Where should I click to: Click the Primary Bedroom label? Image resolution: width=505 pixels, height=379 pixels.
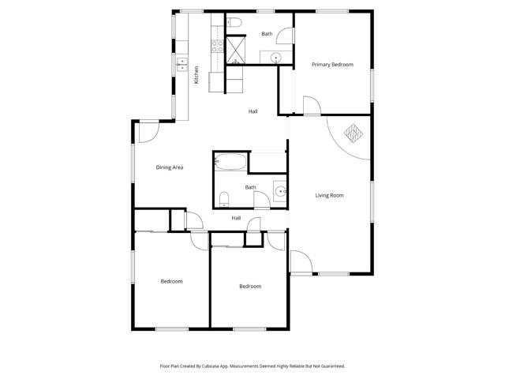point(331,65)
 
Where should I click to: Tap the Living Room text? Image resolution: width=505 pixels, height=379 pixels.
point(330,195)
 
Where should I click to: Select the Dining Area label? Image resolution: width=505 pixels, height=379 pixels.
point(170,167)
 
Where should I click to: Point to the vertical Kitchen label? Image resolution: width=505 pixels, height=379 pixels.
point(196,74)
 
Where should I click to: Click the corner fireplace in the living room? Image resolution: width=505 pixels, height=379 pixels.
point(352,134)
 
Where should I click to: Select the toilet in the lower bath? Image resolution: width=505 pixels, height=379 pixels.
point(224,197)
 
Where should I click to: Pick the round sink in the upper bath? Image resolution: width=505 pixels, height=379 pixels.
point(275,57)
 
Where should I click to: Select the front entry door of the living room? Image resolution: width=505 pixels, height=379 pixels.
point(301,262)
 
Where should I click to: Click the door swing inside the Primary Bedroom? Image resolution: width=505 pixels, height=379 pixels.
point(311,107)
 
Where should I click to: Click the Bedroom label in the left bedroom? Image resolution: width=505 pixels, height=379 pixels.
point(172,282)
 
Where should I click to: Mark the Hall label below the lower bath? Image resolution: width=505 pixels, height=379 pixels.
point(236,218)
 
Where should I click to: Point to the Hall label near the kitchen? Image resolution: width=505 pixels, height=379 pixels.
point(253,111)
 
